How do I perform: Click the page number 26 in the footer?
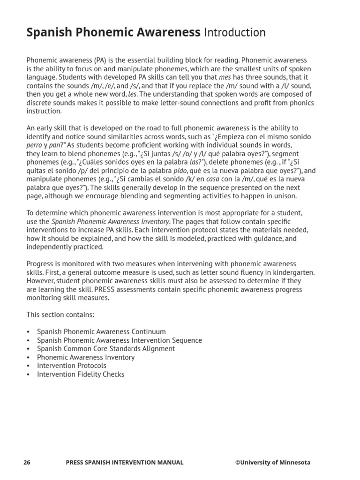point(27,463)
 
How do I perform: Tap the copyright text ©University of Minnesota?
point(272,463)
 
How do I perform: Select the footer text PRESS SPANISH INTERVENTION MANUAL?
point(125,463)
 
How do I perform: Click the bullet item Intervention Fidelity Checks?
point(81,374)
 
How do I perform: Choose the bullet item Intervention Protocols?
point(72,366)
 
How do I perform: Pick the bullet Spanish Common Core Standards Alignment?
point(106,349)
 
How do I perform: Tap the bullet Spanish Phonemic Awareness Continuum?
point(101,332)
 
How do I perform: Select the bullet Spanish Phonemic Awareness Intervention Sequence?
point(120,340)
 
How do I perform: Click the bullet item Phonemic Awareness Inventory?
point(86,357)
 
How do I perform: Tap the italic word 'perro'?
point(35,145)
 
